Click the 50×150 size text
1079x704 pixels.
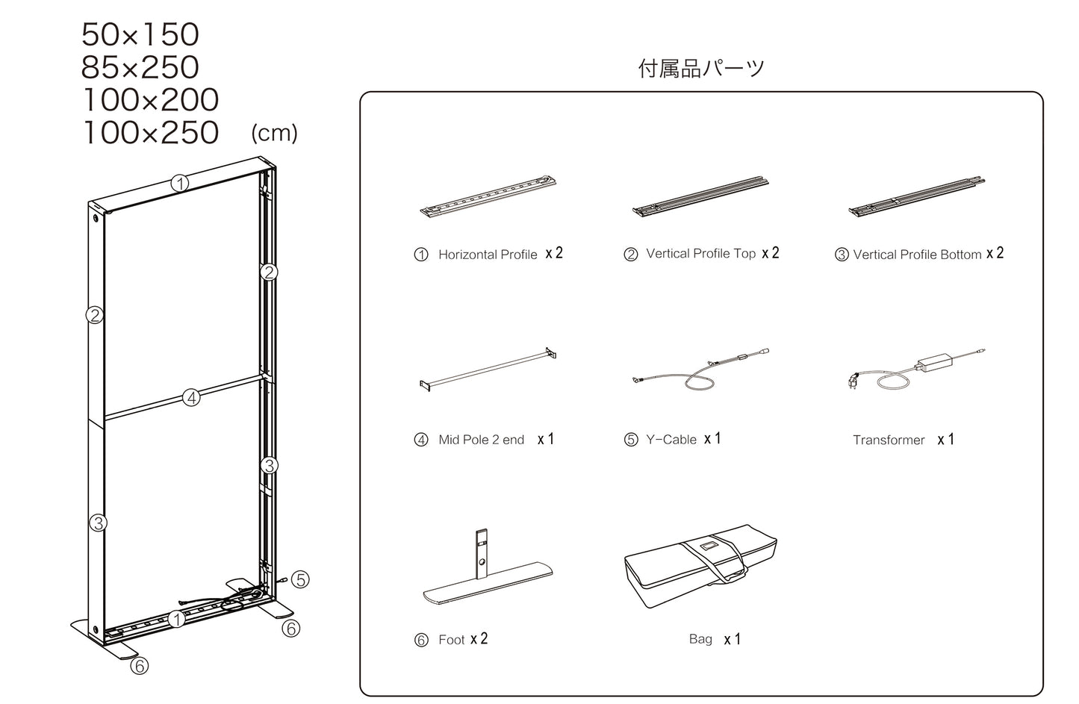[140, 35]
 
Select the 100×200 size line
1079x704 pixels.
[149, 100]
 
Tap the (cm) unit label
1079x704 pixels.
[274, 133]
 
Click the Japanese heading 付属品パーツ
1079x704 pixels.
[701, 69]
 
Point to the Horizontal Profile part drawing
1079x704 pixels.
[488, 196]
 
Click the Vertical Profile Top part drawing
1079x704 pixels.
[700, 196]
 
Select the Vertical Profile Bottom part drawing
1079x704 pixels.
[917, 196]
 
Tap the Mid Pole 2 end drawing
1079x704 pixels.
[488, 370]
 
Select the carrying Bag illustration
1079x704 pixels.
[701, 566]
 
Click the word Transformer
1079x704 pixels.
[889, 440]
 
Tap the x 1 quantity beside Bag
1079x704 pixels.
[732, 639]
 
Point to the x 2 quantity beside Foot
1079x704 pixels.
[479, 639]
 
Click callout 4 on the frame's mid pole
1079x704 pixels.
[192, 398]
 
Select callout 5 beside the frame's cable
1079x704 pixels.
[300, 579]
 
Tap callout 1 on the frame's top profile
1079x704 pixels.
[179, 182]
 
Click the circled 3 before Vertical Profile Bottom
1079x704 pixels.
[842, 255]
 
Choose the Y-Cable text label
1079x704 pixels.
[671, 440]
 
